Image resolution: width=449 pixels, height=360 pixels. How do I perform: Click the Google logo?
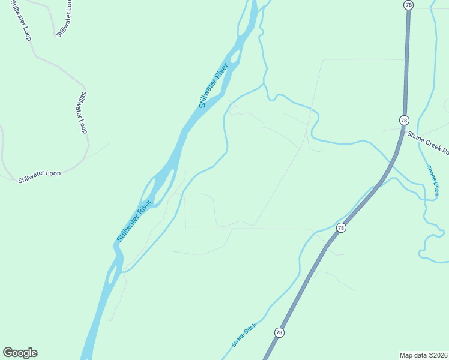click(x=20, y=353)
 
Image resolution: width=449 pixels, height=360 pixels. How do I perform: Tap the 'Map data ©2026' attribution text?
click(x=424, y=355)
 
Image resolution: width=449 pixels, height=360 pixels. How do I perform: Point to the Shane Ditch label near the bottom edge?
click(x=244, y=335)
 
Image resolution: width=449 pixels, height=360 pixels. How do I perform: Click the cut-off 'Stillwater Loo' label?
click(x=64, y=19)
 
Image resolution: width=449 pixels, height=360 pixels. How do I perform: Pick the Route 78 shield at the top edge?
click(x=408, y=5)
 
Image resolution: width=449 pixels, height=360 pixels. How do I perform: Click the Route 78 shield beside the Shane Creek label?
click(x=403, y=121)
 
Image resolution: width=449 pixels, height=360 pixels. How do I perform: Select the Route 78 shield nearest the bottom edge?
click(x=279, y=332)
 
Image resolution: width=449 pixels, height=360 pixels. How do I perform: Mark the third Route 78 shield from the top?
click(x=341, y=228)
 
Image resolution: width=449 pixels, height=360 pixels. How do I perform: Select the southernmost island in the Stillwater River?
click(x=112, y=275)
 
